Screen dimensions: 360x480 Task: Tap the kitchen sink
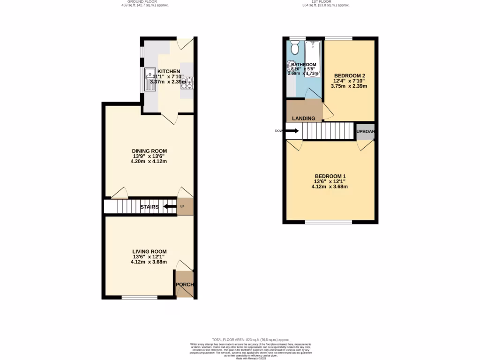[x=151, y=80]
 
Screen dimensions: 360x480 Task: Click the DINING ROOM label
[x=149, y=151]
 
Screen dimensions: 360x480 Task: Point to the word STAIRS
[x=150, y=207]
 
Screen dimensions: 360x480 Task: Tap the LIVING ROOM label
[x=149, y=252]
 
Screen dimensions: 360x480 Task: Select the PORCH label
[x=184, y=285]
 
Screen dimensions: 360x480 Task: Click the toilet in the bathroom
[x=295, y=48]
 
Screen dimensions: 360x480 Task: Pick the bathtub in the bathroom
[x=313, y=59]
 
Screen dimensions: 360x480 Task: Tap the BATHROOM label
[x=303, y=65]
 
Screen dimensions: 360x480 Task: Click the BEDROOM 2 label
[x=349, y=75]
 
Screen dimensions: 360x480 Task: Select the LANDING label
[x=304, y=118]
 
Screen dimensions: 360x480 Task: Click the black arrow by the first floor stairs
[x=292, y=131]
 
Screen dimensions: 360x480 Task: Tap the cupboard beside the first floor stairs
[x=366, y=131]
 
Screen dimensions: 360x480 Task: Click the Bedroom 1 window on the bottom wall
[x=328, y=222]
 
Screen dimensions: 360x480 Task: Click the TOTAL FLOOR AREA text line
[x=250, y=339]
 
